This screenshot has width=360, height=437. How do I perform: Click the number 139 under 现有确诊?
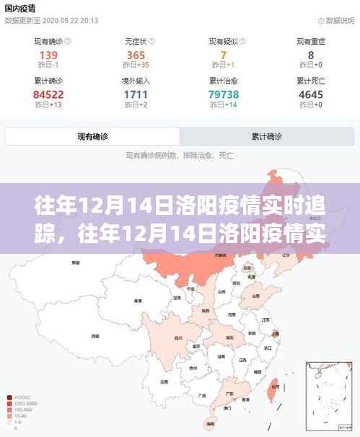point(48,55)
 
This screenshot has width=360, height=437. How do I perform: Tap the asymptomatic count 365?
point(136,55)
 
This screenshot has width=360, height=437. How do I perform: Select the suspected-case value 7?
point(224,55)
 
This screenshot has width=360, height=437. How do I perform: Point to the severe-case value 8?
point(311,55)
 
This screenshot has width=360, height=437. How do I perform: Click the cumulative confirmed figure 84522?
point(48,94)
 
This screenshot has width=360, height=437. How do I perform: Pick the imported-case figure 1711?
point(136,94)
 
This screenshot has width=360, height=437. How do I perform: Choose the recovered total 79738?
point(224,94)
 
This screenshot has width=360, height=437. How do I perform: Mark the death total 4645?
point(311,94)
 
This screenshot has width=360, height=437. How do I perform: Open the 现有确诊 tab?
point(93,136)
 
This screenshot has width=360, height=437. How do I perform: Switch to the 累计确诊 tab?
point(266,136)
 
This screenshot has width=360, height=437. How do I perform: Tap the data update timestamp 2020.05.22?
point(61,20)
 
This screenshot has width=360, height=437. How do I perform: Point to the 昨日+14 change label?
point(224,106)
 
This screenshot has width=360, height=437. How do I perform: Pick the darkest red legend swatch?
point(8,397)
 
